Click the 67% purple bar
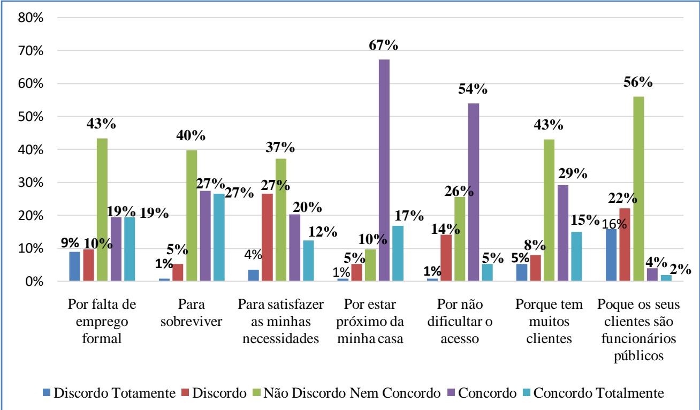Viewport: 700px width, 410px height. [x=384, y=170]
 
